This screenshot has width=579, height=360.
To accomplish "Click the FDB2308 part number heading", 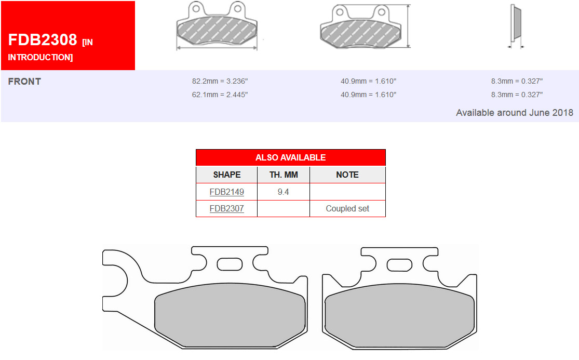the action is click(x=43, y=40).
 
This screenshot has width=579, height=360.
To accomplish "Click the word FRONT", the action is click(x=24, y=82).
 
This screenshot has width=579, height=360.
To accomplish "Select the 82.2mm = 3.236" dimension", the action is click(x=220, y=81).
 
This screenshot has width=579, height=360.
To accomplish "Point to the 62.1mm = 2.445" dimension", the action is click(x=220, y=95).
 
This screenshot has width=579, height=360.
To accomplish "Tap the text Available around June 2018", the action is click(x=515, y=113).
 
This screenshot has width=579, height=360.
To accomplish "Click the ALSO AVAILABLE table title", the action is click(x=291, y=157).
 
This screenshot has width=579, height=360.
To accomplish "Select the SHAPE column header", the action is click(x=227, y=175).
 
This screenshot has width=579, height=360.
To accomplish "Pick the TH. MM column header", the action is click(x=284, y=175).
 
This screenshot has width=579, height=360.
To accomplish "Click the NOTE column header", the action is click(x=347, y=175).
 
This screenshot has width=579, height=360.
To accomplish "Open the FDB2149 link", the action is click(x=227, y=192).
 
